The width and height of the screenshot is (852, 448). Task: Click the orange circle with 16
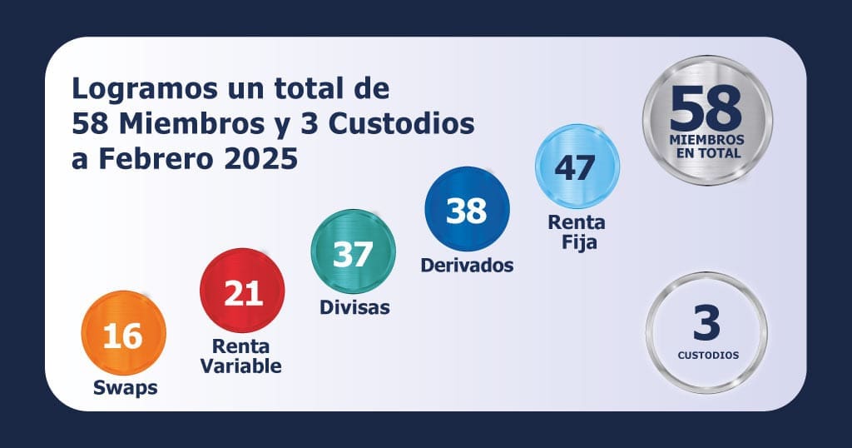coord(123,335)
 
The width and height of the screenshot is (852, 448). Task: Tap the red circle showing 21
coord(243,292)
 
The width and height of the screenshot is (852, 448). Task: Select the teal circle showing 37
coord(353,252)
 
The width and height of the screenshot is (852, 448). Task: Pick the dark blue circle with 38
coord(467,210)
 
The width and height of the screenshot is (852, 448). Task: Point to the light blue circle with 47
coord(576,167)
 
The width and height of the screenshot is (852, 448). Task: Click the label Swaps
coord(124,387)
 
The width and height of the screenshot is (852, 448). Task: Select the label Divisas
coord(354,307)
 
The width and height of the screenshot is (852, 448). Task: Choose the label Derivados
coord(467,266)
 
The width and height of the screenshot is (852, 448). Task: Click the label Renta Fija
coord(576,232)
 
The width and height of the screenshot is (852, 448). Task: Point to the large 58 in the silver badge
coord(706,108)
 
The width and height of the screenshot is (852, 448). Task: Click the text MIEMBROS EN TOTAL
coord(707,147)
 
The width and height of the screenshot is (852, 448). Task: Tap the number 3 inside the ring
coord(706,324)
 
